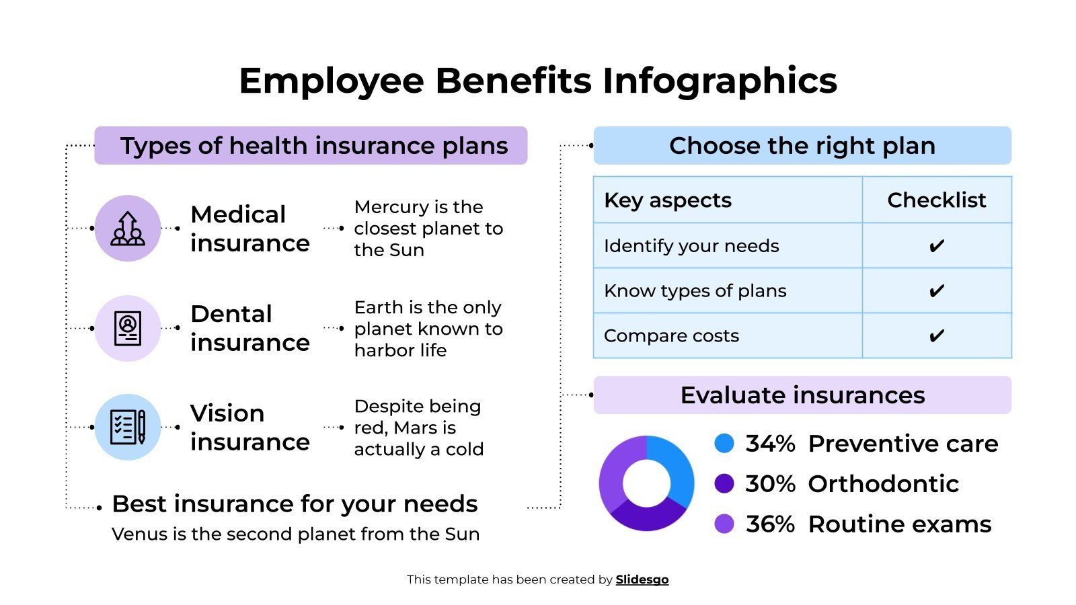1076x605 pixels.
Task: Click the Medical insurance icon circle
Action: [x=128, y=228]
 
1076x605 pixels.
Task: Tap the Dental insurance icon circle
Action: [x=128, y=328]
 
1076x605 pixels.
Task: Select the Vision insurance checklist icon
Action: [x=128, y=427]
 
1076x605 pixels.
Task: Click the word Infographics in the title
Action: [x=720, y=81]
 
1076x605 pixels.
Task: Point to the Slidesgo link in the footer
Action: [x=642, y=579]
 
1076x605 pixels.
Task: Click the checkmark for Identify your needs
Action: [x=936, y=246]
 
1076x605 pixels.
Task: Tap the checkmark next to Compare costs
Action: [x=936, y=335]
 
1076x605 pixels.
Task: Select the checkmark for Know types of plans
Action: [x=936, y=291]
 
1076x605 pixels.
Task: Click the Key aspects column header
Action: [x=668, y=200]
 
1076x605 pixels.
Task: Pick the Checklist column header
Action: [x=936, y=200]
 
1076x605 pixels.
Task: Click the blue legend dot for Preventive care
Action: [x=724, y=444]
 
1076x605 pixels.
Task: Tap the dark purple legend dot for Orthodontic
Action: [x=724, y=483]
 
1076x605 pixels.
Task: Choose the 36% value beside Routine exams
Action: [x=770, y=524]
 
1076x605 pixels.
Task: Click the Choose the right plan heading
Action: [x=802, y=146]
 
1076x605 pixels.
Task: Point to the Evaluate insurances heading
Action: [x=802, y=395]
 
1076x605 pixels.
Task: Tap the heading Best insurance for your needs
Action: [x=295, y=503]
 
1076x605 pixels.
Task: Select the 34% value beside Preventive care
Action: [x=770, y=444]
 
